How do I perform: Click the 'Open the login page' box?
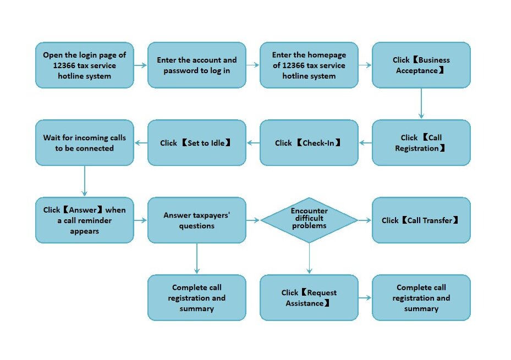(84, 65)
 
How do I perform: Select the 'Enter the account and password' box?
(197, 65)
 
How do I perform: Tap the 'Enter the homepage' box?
(309, 65)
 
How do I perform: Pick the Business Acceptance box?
(421, 65)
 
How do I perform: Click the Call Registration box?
(421, 142)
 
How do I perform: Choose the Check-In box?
(309, 142)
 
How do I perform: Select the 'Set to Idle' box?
(197, 142)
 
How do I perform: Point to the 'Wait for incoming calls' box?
(84, 142)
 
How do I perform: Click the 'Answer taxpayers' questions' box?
(197, 220)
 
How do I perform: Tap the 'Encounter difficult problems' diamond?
(309, 220)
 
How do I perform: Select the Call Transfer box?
(421, 220)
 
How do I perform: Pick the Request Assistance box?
(309, 297)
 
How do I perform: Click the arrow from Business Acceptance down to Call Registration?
(421, 103)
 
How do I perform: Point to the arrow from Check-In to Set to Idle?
(253, 142)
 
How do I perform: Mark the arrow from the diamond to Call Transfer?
(365, 220)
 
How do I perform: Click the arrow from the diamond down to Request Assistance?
(309, 258)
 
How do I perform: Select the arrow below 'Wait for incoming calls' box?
(84, 181)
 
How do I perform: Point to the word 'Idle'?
(217, 143)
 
